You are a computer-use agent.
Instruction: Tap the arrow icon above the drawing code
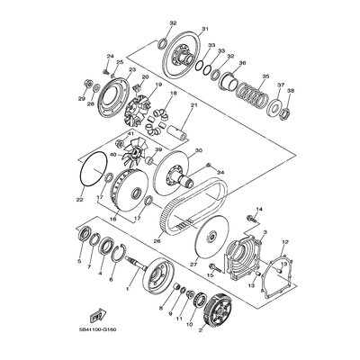point(94,314)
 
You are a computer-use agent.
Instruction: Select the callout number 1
point(129,290)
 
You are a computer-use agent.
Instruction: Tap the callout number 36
point(239,64)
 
